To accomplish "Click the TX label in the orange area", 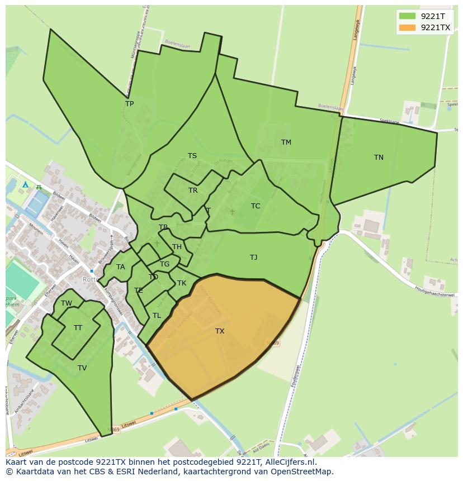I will point(220,331).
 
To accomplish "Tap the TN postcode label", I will point(379,158).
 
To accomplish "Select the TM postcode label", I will point(286,142).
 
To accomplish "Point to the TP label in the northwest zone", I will point(130,104).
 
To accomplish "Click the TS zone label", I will point(192,156).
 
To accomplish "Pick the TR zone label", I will point(193,191).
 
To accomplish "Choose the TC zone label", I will point(256,206).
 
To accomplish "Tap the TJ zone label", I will point(254,258).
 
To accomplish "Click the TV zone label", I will point(82,368).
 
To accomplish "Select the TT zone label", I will point(78,328).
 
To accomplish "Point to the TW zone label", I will point(67,303).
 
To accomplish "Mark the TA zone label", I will point(121,267).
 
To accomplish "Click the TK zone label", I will point(182,283).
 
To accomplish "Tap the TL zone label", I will point(157,316).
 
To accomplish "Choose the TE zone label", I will point(139,290).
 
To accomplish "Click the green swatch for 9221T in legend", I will point(408,16).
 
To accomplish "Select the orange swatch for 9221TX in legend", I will point(408,27).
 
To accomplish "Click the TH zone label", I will point(177,247).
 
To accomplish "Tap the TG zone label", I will point(164,264).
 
